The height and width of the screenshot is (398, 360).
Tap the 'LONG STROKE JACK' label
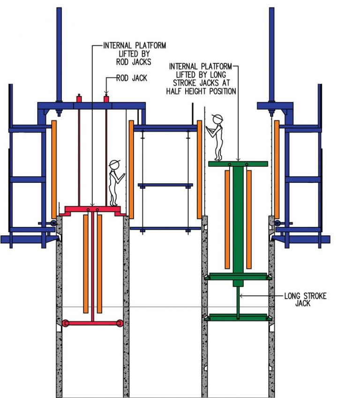305,300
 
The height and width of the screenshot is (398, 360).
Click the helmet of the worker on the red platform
114,164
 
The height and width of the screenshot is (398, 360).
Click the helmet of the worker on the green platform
217,117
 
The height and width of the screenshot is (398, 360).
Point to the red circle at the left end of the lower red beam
66,323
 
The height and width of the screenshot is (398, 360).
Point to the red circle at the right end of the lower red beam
120,323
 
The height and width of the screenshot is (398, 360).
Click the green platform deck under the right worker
238,164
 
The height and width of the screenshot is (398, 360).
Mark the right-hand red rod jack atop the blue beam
106,99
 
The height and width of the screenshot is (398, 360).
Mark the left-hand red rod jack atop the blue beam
79,99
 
